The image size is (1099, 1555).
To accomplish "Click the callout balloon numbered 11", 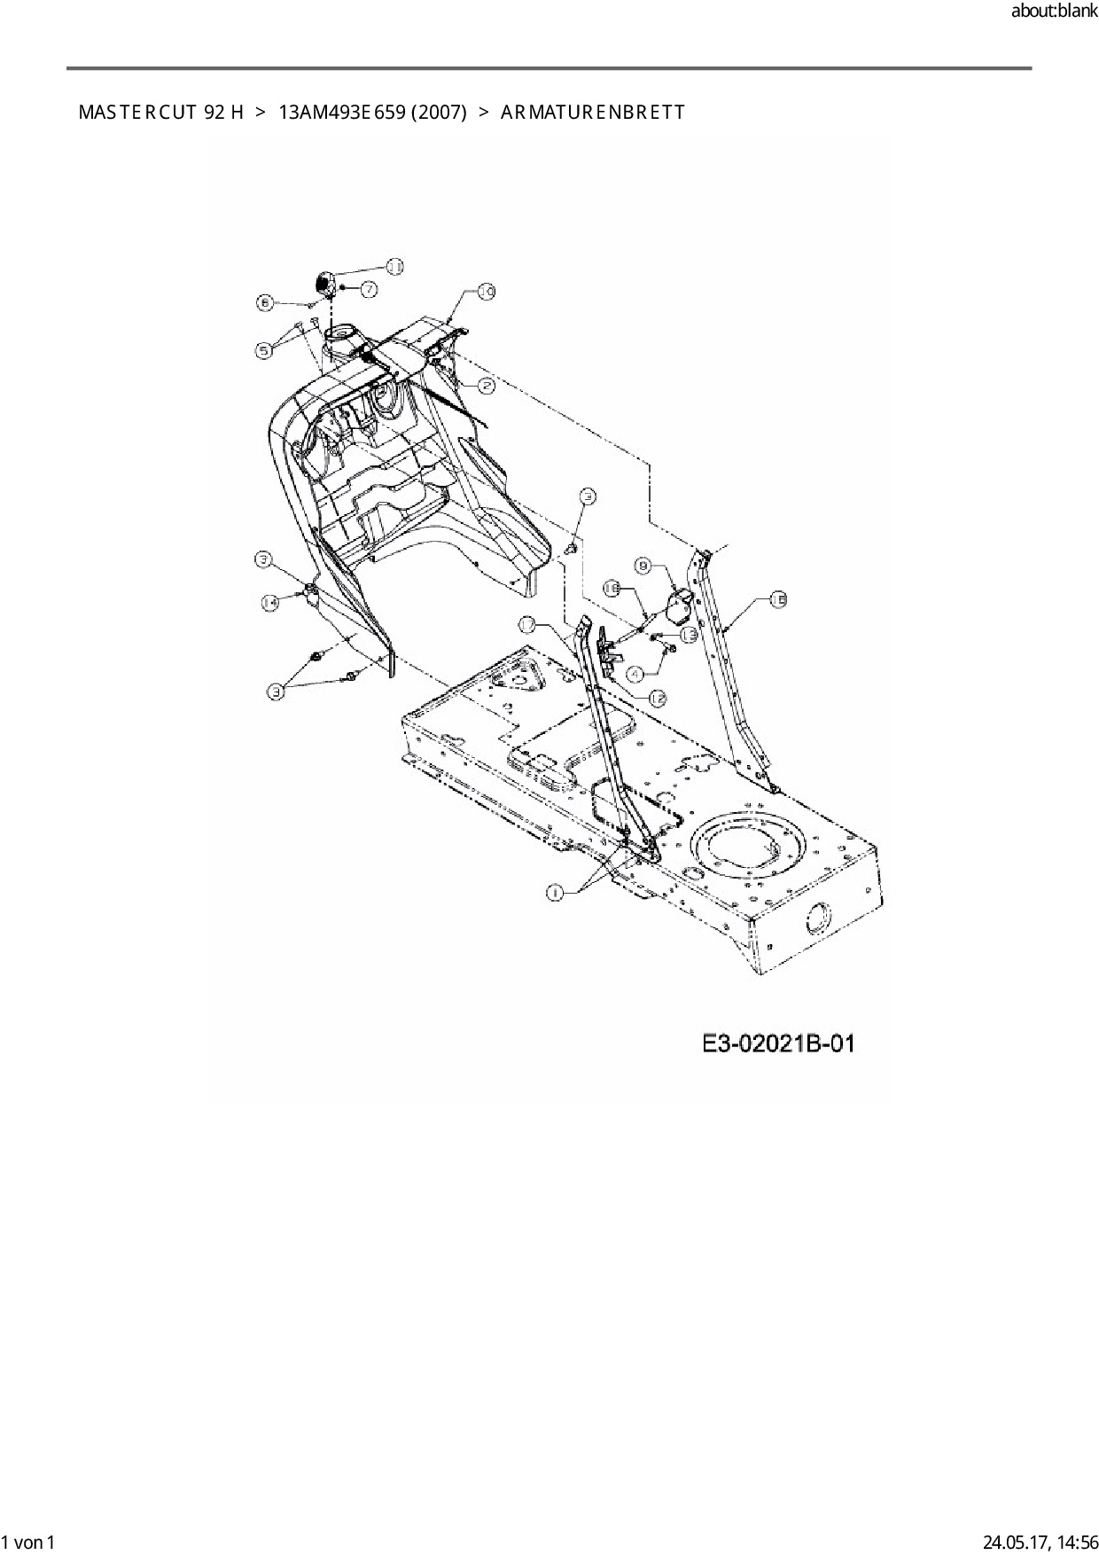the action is tap(394, 266).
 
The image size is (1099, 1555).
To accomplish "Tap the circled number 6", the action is tap(264, 302).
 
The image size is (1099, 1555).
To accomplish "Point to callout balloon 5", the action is tap(264, 351).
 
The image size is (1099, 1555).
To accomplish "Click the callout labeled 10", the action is tap(486, 291).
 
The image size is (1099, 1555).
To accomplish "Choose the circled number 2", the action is tap(487, 385).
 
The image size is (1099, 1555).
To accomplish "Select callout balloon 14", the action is tap(269, 602).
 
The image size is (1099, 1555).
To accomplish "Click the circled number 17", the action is tap(527, 625).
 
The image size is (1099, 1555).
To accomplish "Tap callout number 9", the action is tap(644, 565).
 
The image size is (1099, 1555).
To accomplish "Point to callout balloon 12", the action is tap(658, 699).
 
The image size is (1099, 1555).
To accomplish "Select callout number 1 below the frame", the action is tap(555, 893).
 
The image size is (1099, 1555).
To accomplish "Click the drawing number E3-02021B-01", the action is tap(779, 1043).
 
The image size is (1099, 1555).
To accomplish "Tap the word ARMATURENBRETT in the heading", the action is tap(592, 113).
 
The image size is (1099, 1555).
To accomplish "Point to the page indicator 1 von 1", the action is tap(29, 1543).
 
